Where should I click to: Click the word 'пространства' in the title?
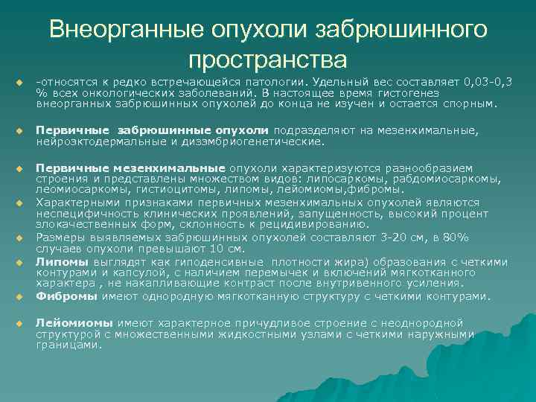pos(268,57)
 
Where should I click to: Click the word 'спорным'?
pos(470,104)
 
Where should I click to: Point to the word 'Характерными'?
pos(74,202)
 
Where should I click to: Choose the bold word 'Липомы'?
pos(61,262)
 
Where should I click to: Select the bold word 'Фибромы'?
pos(66,296)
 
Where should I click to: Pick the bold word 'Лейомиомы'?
pos(74,324)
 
